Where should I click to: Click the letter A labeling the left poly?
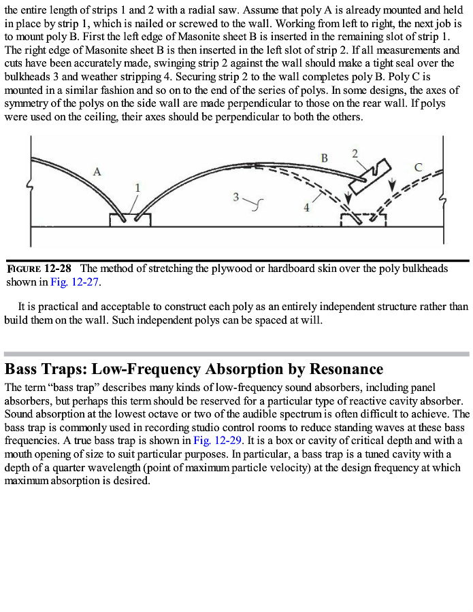(97, 172)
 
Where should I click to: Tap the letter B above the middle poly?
(325, 158)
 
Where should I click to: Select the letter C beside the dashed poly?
(418, 167)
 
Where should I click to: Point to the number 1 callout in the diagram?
(137, 188)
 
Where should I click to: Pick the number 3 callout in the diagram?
(235, 197)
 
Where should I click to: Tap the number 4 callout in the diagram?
(306, 207)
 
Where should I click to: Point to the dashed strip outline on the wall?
(363, 219)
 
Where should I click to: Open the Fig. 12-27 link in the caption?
(75, 282)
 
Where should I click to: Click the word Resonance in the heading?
(346, 370)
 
